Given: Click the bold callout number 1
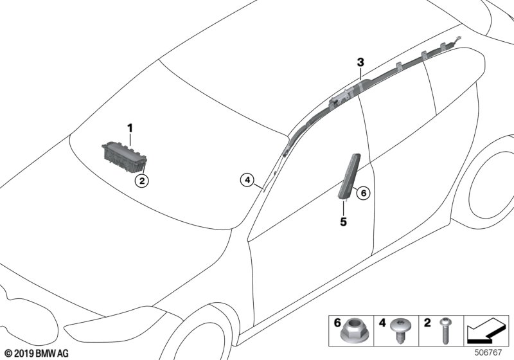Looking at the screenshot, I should pyautogui.click(x=130, y=128).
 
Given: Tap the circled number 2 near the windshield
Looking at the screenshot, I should pyautogui.click(x=141, y=181).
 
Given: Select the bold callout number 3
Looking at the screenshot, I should pyautogui.click(x=360, y=62).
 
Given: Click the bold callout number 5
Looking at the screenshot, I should pyautogui.click(x=344, y=222).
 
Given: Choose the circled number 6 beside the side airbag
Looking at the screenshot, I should pyautogui.click(x=362, y=192).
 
